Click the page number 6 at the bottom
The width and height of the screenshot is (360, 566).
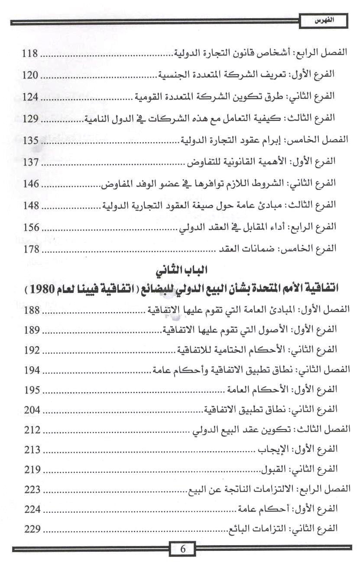[x=182, y=550]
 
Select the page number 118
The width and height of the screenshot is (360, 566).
[x=31, y=54]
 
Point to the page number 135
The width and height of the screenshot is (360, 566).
[x=31, y=140]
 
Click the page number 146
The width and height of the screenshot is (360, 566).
[x=31, y=183]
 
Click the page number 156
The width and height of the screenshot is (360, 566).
[x=31, y=227]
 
